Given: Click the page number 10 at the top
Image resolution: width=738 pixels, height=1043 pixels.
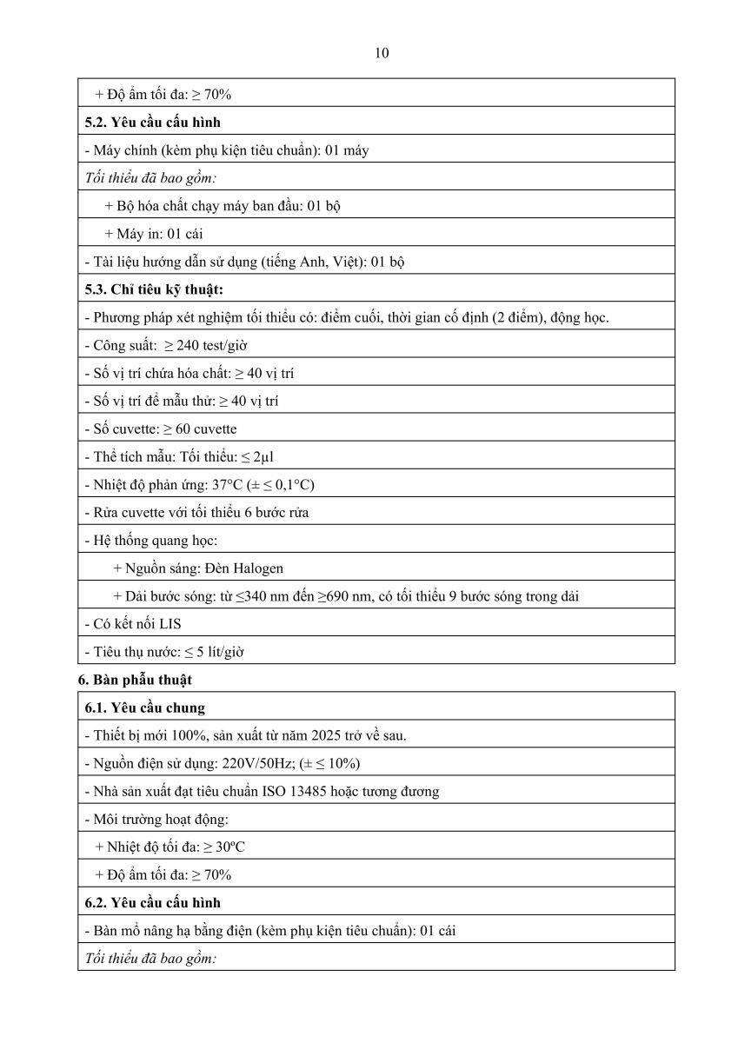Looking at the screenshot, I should (382, 53).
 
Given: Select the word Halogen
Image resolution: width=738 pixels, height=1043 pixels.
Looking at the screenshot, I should (257, 568).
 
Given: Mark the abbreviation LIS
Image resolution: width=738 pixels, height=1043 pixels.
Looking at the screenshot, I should (170, 624).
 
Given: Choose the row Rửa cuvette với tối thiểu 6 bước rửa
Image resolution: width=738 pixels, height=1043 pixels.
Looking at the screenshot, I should (196, 513).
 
